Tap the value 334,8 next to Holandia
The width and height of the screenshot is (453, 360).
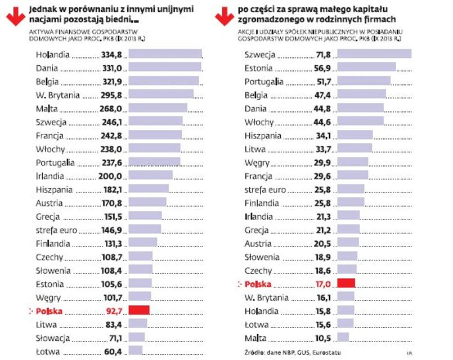point(111,55)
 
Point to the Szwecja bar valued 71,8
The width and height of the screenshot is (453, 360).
point(374,54)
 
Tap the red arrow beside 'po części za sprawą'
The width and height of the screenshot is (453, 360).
point(225,16)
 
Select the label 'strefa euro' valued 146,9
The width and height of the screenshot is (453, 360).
point(56,230)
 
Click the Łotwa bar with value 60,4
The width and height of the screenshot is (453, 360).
point(135,351)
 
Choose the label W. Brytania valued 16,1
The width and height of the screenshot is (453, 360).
point(267,297)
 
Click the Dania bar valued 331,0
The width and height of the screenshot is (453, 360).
point(164,68)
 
